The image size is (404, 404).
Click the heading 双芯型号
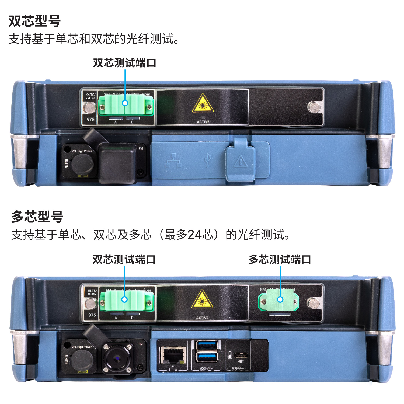(x=34, y=21)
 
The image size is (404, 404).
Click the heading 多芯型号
(x=37, y=217)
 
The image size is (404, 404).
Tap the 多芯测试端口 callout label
(x=280, y=260)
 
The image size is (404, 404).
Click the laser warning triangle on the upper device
(x=203, y=104)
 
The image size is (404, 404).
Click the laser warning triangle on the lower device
(x=202, y=300)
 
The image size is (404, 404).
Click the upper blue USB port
(x=207, y=345)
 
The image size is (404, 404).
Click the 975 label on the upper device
(x=91, y=119)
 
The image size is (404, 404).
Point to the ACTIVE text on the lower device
(x=202, y=318)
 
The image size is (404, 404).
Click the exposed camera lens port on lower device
(x=117, y=358)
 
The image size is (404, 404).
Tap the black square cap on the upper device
(x=117, y=162)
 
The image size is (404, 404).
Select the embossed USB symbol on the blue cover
(x=208, y=160)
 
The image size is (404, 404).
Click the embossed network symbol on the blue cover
(x=173, y=161)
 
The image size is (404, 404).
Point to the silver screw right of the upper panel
(x=314, y=107)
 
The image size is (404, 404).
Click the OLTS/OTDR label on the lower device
(x=92, y=292)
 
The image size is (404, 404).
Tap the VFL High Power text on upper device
(x=82, y=151)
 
